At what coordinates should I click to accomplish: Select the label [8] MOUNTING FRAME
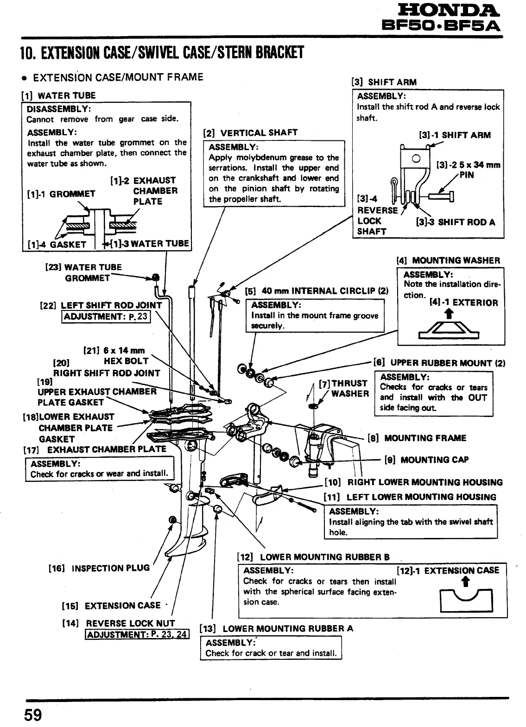(417, 438)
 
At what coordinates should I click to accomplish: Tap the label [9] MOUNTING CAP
(426, 460)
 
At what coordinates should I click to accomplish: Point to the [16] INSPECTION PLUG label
(99, 568)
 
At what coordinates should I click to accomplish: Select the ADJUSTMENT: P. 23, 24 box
(137, 634)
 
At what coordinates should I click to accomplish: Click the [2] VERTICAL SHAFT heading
(250, 133)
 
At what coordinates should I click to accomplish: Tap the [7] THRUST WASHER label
(344, 388)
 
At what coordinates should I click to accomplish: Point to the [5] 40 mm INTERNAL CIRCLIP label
(317, 291)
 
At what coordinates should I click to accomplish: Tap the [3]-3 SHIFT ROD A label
(455, 222)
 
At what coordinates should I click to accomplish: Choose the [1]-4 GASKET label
(57, 244)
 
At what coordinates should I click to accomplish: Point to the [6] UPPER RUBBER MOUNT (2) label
(439, 363)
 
